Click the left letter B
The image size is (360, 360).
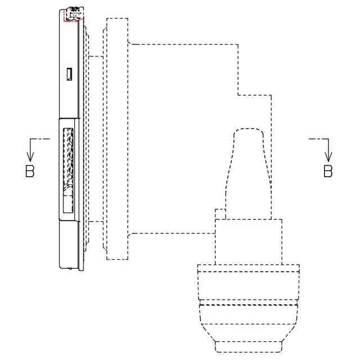pyautogui.click(x=30, y=171)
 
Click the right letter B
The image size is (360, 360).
pyautogui.click(x=328, y=171)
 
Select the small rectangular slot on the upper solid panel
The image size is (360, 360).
pyautogui.click(x=69, y=74)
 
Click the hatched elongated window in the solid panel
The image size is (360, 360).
pyautogui.click(x=68, y=170)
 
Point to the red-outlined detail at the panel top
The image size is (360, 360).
pyautogui.click(x=74, y=15)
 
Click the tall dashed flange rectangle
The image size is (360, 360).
pyautogui.click(x=117, y=139)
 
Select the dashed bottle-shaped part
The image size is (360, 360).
pyautogui.click(x=249, y=174)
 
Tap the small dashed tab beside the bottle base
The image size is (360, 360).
pyautogui.click(x=220, y=214)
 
